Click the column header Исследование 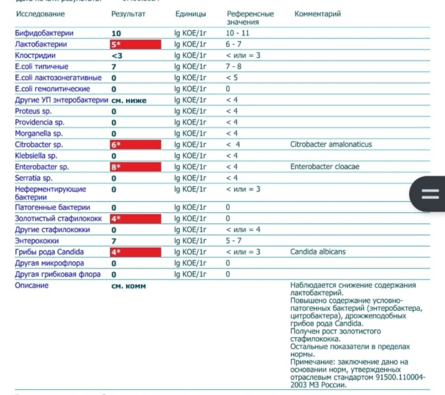[40, 14]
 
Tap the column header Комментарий [317, 14]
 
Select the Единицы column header [190, 14]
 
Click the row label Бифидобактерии [44, 33]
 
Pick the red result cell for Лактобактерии [135, 45]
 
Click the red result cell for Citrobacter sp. [135, 145]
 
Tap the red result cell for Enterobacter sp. [135, 167]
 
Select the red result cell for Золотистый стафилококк [135, 219]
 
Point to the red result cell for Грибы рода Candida [135, 252]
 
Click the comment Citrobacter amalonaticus [331, 144]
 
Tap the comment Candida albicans [318, 252]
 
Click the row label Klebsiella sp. [36, 156]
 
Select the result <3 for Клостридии [117, 56]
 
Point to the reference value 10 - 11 [238, 33]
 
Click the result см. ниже [129, 100]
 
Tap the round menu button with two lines [429, 194]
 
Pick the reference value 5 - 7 [233, 240]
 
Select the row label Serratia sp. [34, 178]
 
